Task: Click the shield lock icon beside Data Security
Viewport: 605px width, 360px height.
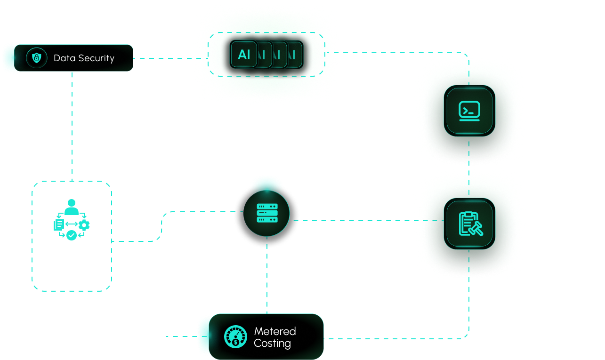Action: point(36,58)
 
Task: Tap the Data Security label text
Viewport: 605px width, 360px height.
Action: point(84,58)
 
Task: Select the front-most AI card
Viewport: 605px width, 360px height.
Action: point(244,55)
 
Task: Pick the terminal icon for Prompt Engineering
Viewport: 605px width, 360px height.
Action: point(469,111)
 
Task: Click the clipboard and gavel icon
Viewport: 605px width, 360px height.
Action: point(469,224)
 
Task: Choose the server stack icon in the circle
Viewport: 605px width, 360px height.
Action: point(266,213)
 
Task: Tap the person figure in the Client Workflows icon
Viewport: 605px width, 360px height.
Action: point(72,205)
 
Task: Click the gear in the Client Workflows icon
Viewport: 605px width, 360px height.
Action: point(84,224)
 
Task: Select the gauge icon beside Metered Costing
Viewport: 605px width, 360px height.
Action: point(235,336)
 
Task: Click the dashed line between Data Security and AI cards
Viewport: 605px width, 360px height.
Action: point(162,58)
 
